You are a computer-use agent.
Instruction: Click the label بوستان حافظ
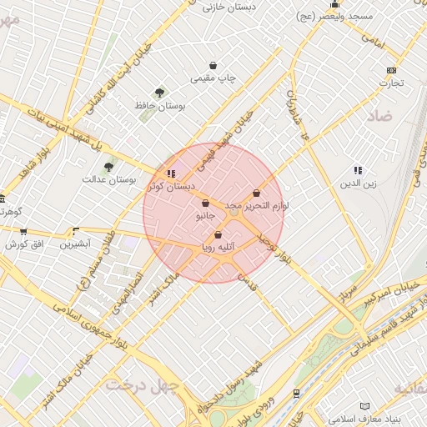[x=159, y=106]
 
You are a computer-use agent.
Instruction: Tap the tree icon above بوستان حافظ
[x=159, y=93]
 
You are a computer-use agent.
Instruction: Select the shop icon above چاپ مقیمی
[x=213, y=65]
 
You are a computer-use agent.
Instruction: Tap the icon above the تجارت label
[x=392, y=70]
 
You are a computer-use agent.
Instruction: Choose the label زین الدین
[x=359, y=183]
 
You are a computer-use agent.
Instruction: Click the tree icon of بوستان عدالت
[x=108, y=167]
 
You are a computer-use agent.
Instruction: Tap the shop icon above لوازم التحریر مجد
[x=255, y=193]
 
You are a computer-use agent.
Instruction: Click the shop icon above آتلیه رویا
[x=219, y=235]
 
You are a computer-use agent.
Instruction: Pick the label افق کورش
[x=23, y=244]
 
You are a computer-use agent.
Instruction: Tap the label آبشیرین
[x=76, y=244]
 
